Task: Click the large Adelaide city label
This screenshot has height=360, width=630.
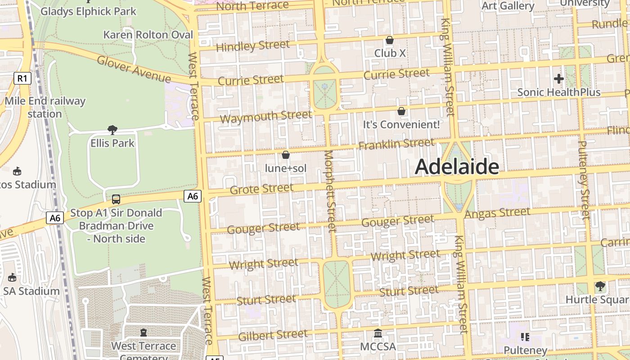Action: click(x=457, y=167)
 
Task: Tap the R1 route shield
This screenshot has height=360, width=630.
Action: click(x=22, y=79)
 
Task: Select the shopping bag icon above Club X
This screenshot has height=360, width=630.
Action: click(x=390, y=40)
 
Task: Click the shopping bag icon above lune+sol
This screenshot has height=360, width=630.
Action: click(x=285, y=155)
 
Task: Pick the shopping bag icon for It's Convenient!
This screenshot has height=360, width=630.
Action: click(x=401, y=111)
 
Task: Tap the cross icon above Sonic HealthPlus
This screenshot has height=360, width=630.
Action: click(x=559, y=79)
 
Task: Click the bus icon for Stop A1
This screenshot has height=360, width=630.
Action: click(x=116, y=199)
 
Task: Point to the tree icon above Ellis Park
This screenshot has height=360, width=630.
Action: click(x=112, y=130)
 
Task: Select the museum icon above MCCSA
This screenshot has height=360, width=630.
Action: click(x=378, y=333)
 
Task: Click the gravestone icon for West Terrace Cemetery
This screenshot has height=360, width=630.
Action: click(x=144, y=333)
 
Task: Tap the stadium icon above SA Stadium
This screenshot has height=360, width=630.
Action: click(x=12, y=277)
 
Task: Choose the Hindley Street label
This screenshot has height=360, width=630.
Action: click(x=253, y=46)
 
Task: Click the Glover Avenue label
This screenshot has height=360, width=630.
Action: click(x=134, y=69)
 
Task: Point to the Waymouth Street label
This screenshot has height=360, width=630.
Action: click(x=266, y=117)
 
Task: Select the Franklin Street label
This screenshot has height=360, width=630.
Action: click(x=396, y=144)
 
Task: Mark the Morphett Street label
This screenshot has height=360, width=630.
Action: click(x=330, y=191)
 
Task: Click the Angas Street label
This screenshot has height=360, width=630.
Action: click(x=497, y=213)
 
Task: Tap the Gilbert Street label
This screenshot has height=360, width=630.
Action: click(x=273, y=335)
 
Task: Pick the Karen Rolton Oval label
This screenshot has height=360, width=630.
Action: click(x=148, y=35)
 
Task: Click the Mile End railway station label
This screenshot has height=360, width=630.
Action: click(x=45, y=107)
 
